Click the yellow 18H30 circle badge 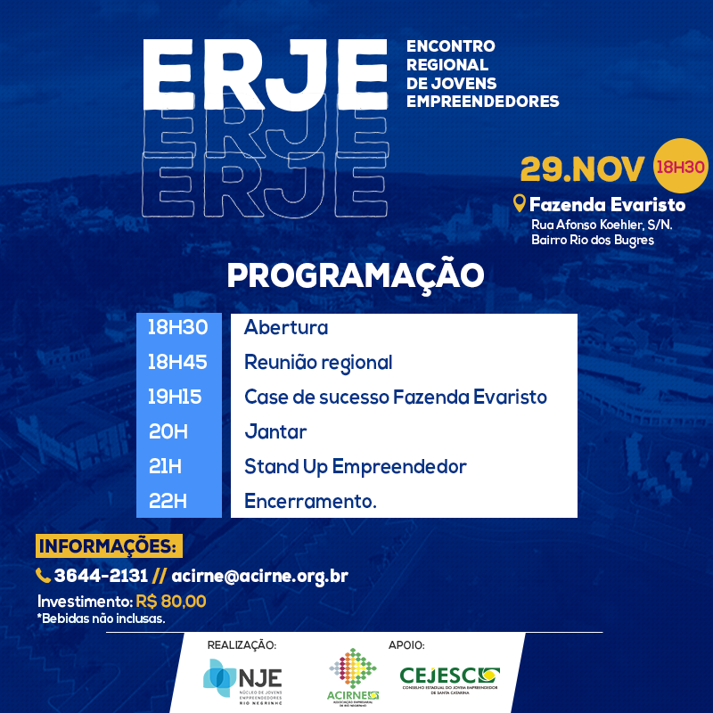tap(680, 166)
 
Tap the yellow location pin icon tap(520, 203)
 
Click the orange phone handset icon tap(43, 576)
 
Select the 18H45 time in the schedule tap(177, 362)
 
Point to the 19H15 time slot tap(175, 397)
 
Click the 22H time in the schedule tap(168, 501)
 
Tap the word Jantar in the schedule tap(275, 431)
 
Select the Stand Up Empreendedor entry tap(356, 467)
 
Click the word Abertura tap(286, 327)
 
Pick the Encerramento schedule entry tap(310, 501)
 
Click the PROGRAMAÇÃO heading tap(356, 275)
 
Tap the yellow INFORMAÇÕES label tap(109, 545)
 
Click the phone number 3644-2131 tap(101, 576)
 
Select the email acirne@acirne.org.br tap(259, 577)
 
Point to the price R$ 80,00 tap(171, 601)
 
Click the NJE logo tap(242, 681)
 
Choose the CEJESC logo tap(450, 680)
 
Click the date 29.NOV tap(582, 168)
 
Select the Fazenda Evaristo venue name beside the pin tap(608, 205)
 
